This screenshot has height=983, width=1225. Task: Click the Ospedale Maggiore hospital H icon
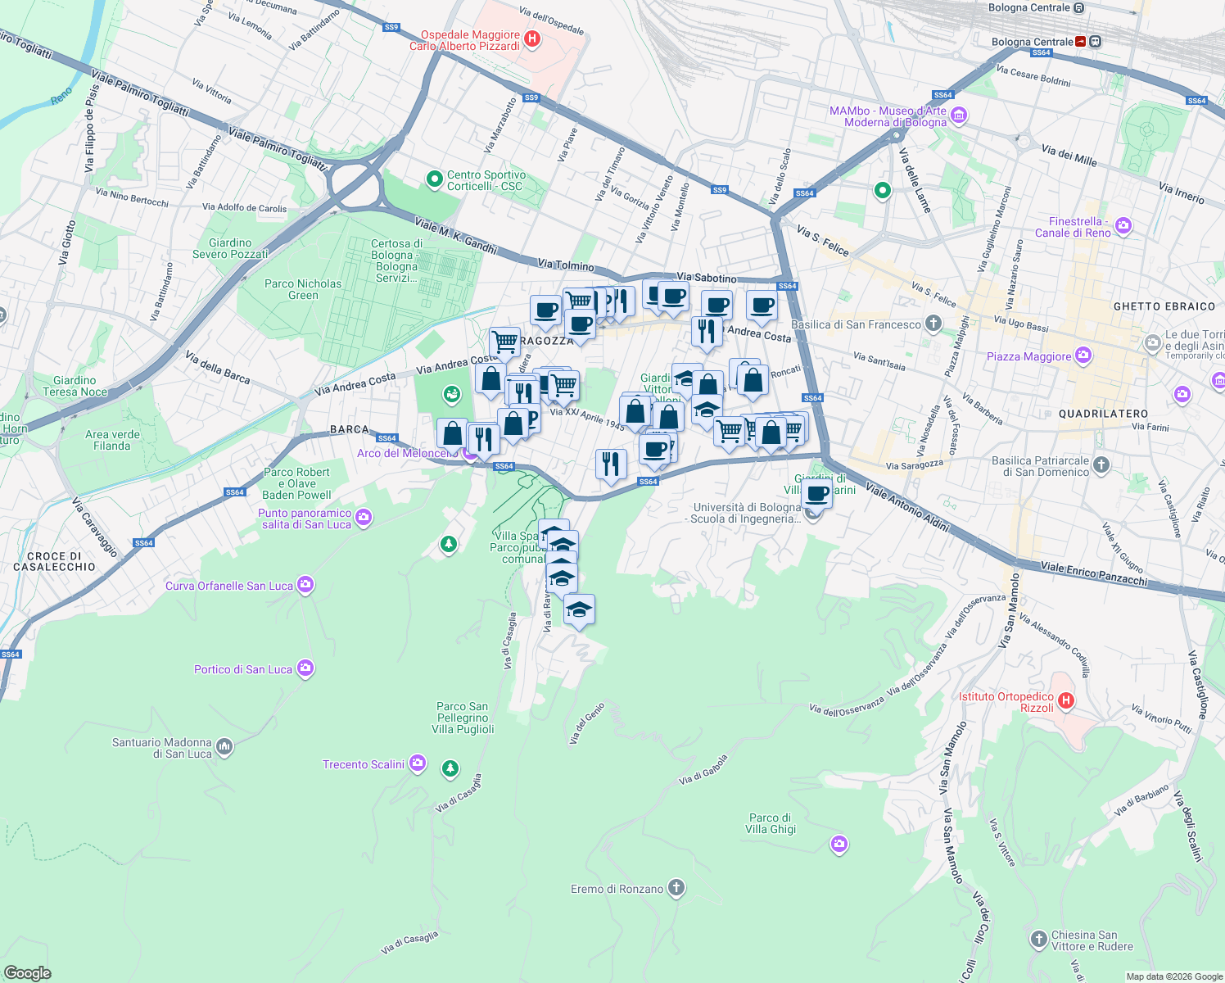click(x=532, y=39)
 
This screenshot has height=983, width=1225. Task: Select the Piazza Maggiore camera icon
click(x=1084, y=356)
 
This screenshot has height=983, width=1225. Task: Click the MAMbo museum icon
click(x=959, y=116)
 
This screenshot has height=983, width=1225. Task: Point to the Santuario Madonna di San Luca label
click(x=162, y=748)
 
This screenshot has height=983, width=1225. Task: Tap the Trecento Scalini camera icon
click(x=418, y=763)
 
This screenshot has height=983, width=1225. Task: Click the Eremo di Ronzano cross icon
click(x=676, y=888)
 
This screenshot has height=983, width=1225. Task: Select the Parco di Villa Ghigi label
click(x=771, y=823)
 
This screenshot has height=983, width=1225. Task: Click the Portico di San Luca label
click(x=242, y=669)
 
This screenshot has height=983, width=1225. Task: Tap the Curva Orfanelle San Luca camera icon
click(x=305, y=585)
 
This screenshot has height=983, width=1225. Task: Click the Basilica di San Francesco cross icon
click(x=933, y=324)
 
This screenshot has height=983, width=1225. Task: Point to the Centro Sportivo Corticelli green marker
click(x=434, y=179)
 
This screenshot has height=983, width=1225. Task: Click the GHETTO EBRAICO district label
click(x=1164, y=306)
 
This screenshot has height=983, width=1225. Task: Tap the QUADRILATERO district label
click(x=1103, y=414)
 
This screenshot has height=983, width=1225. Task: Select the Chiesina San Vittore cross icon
click(x=1038, y=939)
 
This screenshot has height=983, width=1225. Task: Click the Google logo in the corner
click(x=28, y=972)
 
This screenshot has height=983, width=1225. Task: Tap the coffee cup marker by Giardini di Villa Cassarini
click(x=816, y=493)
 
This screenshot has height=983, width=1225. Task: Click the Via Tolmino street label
click(x=566, y=265)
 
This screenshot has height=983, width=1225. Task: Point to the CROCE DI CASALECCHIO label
click(x=54, y=561)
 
